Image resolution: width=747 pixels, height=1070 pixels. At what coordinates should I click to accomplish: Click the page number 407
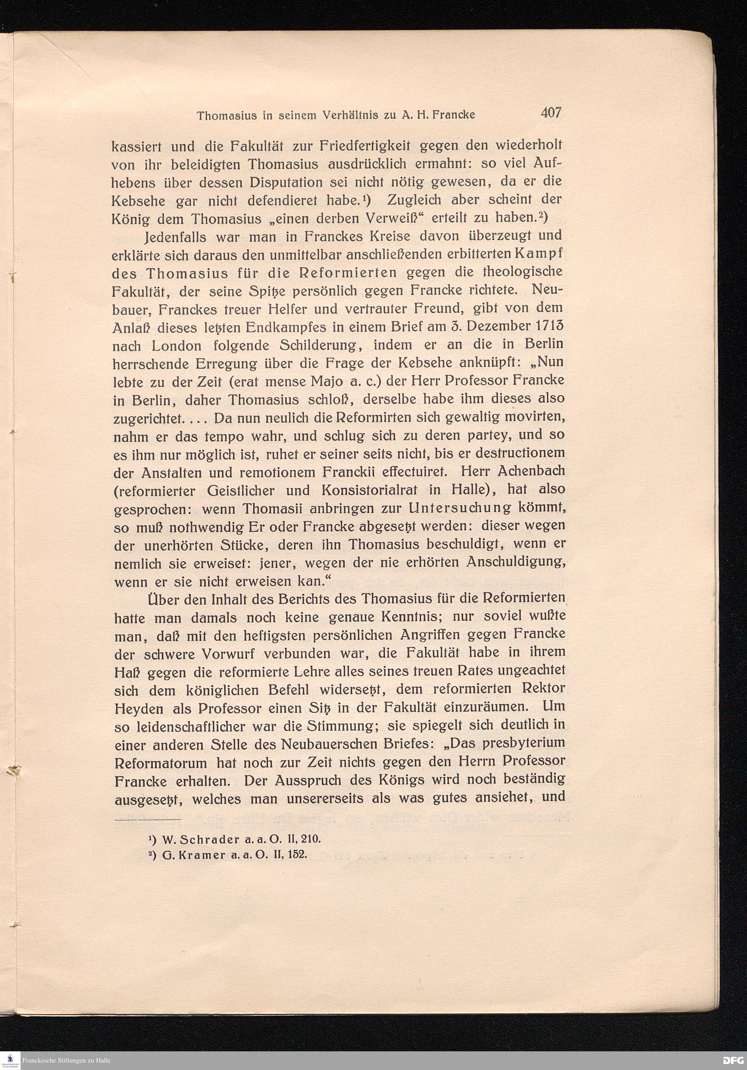coord(551,113)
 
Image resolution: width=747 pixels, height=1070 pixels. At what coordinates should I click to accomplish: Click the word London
coord(177,346)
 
